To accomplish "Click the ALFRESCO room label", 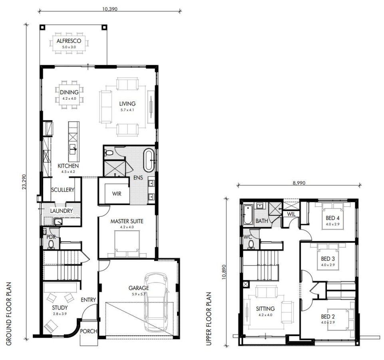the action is pos(69,41).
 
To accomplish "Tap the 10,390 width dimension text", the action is pos(110,9).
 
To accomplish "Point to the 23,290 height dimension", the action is pos(24,182).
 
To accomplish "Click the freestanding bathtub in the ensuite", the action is pos(149,160).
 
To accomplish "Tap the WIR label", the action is pos(117,194).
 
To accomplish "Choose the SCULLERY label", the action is pos(62,190).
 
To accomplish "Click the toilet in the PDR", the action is pos(51,244).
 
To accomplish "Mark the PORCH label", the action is pos(89,331).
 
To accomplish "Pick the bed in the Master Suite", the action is pos(127,244).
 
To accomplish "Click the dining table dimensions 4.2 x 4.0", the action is pos(69,98).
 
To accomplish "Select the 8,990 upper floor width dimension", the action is pos(299,183).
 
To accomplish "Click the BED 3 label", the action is pos(328,259).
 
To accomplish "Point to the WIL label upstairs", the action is pos(291,214).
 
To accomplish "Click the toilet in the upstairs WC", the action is pos(251,244).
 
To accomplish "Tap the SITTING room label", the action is pos(265,308).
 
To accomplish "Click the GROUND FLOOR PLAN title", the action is pos(9,314).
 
